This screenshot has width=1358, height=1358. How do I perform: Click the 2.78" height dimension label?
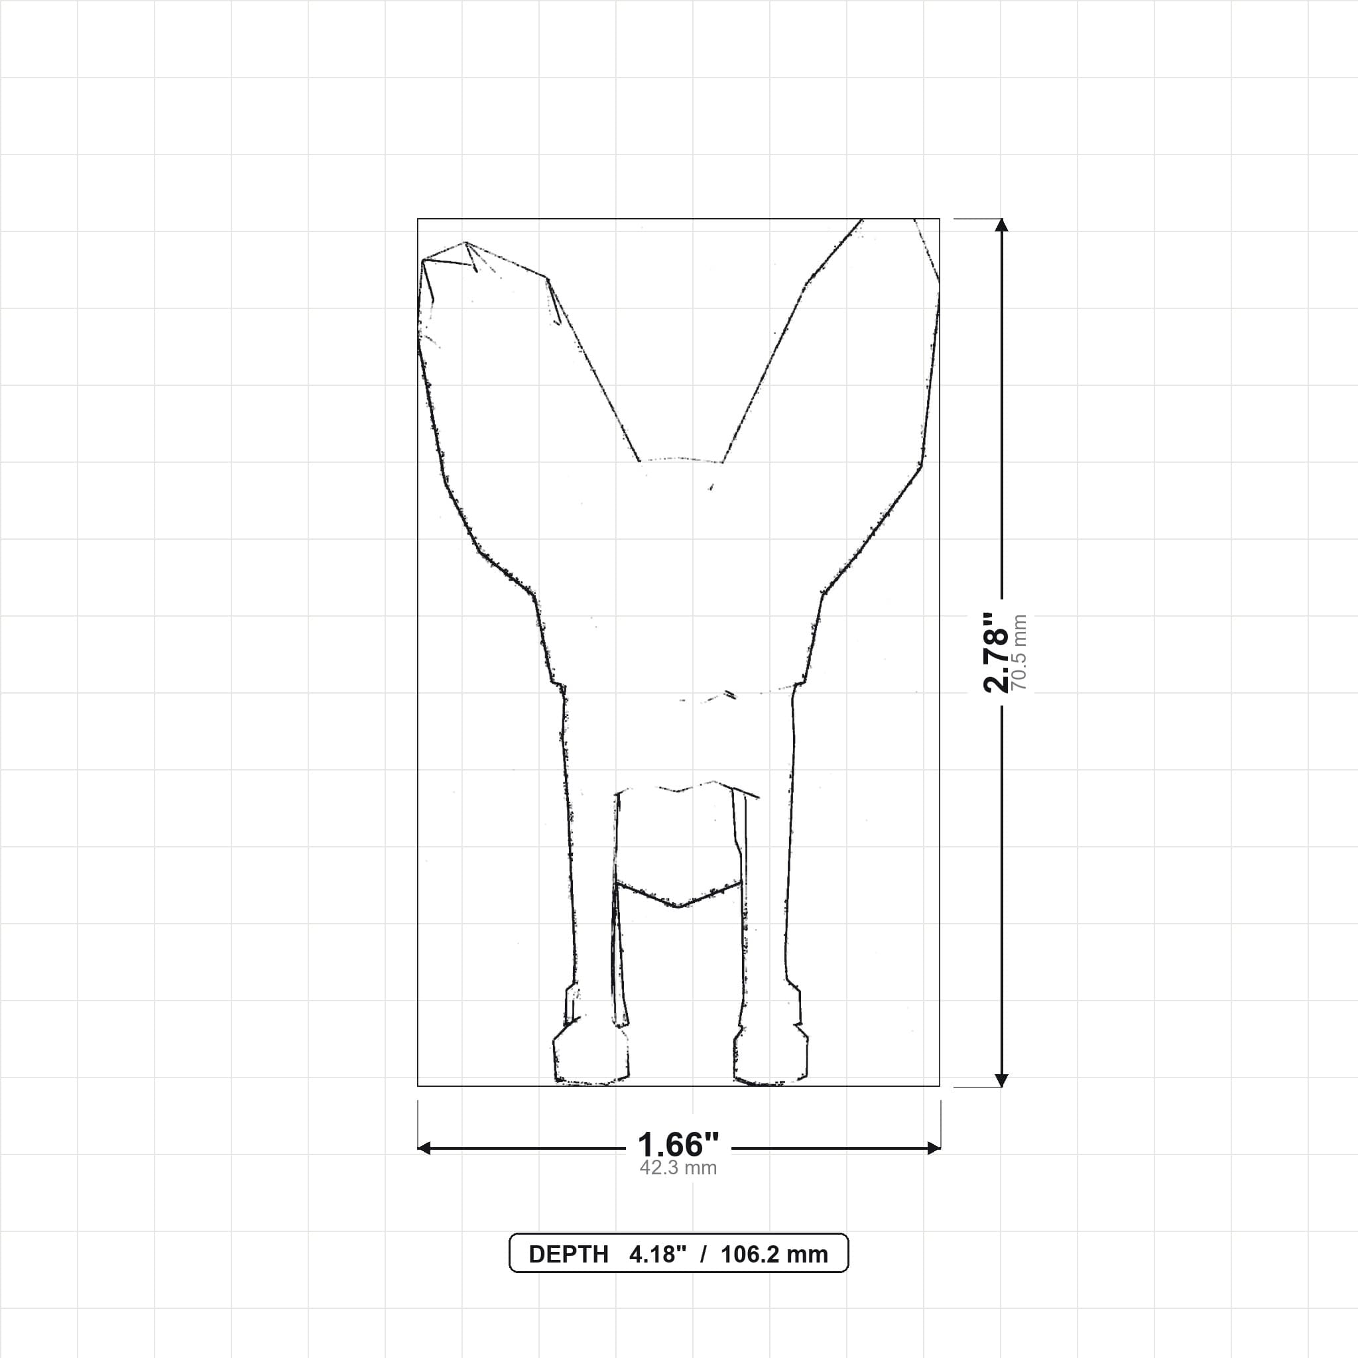click(996, 652)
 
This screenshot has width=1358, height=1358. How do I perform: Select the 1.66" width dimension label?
click(678, 1145)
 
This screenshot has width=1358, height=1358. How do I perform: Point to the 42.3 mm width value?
click(678, 1168)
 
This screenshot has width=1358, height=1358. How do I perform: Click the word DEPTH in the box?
click(569, 1255)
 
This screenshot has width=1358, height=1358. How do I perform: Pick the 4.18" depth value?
click(657, 1255)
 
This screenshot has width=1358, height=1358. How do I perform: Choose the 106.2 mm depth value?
click(774, 1255)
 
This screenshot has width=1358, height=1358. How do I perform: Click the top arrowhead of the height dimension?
click(1002, 225)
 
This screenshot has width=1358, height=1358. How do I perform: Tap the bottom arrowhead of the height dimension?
click(1002, 1080)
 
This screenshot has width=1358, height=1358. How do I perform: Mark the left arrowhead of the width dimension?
click(424, 1148)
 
